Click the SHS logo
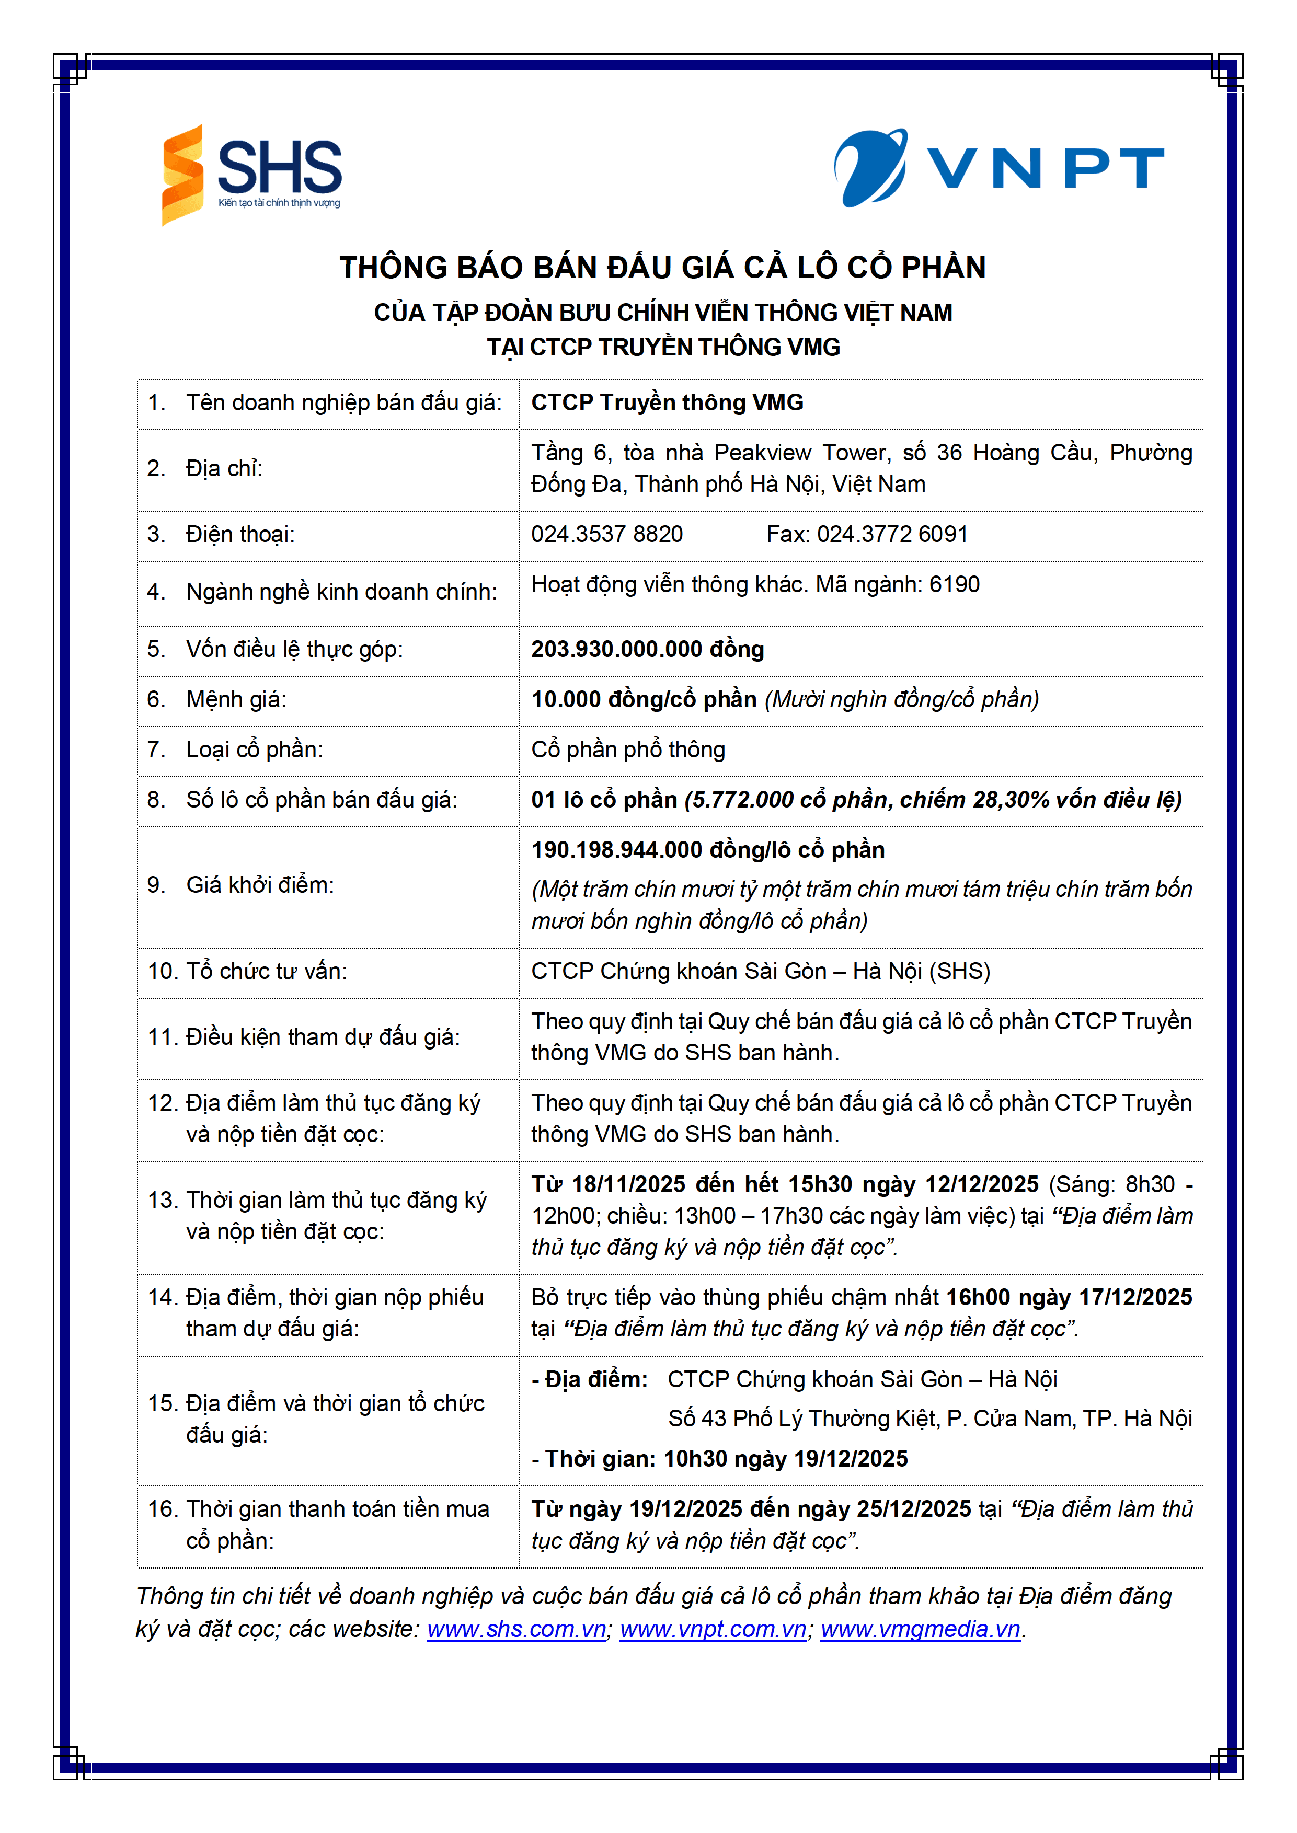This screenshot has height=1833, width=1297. click(251, 174)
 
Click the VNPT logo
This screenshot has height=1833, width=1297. click(998, 168)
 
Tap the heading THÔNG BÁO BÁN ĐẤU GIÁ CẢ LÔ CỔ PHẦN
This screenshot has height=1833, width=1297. click(663, 268)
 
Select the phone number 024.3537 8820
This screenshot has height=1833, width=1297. click(607, 534)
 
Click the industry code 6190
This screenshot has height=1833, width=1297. click(955, 584)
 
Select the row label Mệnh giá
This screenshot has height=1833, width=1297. click(236, 699)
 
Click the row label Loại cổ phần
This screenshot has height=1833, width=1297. click(255, 750)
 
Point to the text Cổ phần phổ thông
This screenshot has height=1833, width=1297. click(628, 750)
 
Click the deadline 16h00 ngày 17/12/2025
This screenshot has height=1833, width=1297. click(1069, 1297)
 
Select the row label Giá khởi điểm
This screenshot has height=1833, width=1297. click(260, 884)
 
